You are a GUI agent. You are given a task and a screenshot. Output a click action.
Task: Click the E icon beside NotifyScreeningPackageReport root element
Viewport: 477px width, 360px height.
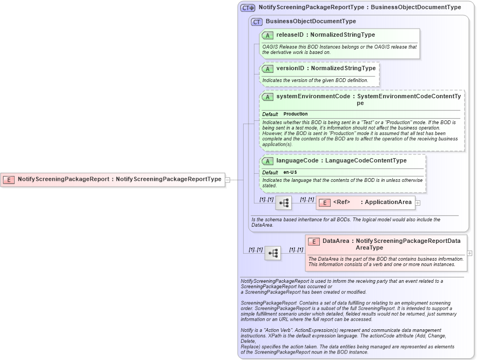(9, 179)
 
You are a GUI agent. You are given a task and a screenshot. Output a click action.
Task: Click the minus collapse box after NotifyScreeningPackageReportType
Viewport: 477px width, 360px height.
(227, 179)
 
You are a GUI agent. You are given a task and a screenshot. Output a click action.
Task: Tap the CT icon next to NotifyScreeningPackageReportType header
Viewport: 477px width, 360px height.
(248, 8)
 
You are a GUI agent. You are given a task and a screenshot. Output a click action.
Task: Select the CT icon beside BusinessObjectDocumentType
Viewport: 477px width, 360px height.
(257, 22)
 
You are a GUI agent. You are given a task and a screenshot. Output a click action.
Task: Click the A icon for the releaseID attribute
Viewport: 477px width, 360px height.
(267, 36)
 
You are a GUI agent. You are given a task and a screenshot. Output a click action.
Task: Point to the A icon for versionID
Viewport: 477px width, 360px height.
(267, 69)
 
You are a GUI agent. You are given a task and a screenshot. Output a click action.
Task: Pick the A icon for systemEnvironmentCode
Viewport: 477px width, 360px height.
(267, 97)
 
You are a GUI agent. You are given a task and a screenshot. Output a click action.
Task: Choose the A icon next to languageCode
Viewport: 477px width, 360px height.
(267, 161)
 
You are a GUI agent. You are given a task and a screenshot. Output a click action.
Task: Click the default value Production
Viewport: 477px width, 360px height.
(295, 114)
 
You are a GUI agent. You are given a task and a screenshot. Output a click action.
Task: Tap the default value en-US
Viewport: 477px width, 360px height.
(290, 172)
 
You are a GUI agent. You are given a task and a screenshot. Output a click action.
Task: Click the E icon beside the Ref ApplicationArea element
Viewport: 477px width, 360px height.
(325, 202)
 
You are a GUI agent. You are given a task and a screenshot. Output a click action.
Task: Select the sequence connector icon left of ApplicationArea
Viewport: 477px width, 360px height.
(284, 203)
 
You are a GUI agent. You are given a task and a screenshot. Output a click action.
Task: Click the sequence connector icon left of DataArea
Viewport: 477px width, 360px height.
(273, 253)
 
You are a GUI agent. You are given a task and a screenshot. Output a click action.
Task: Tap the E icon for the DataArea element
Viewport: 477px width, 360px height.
(314, 241)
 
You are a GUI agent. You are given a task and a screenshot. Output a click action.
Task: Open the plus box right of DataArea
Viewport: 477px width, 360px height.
(469, 253)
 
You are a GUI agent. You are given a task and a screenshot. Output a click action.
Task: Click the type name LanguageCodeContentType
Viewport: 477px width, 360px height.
(366, 161)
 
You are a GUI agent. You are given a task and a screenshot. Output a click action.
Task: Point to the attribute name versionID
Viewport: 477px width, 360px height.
(290, 69)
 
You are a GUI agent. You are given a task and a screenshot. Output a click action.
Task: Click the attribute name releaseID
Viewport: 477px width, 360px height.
(290, 35)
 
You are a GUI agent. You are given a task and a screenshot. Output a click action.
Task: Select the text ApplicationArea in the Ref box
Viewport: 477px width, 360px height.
(388, 202)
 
